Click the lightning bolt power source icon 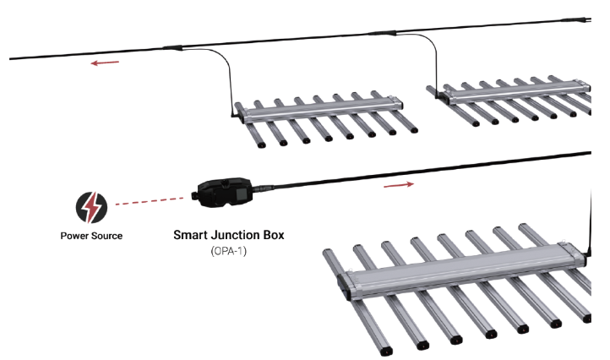point(91,207)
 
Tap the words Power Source point(91,236)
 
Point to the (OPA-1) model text point(229,251)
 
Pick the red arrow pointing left point(105,63)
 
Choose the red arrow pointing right point(399,184)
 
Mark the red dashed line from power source point(150,201)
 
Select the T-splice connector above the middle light point(172,47)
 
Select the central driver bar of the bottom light point(463,272)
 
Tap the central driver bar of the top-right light point(516,92)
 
